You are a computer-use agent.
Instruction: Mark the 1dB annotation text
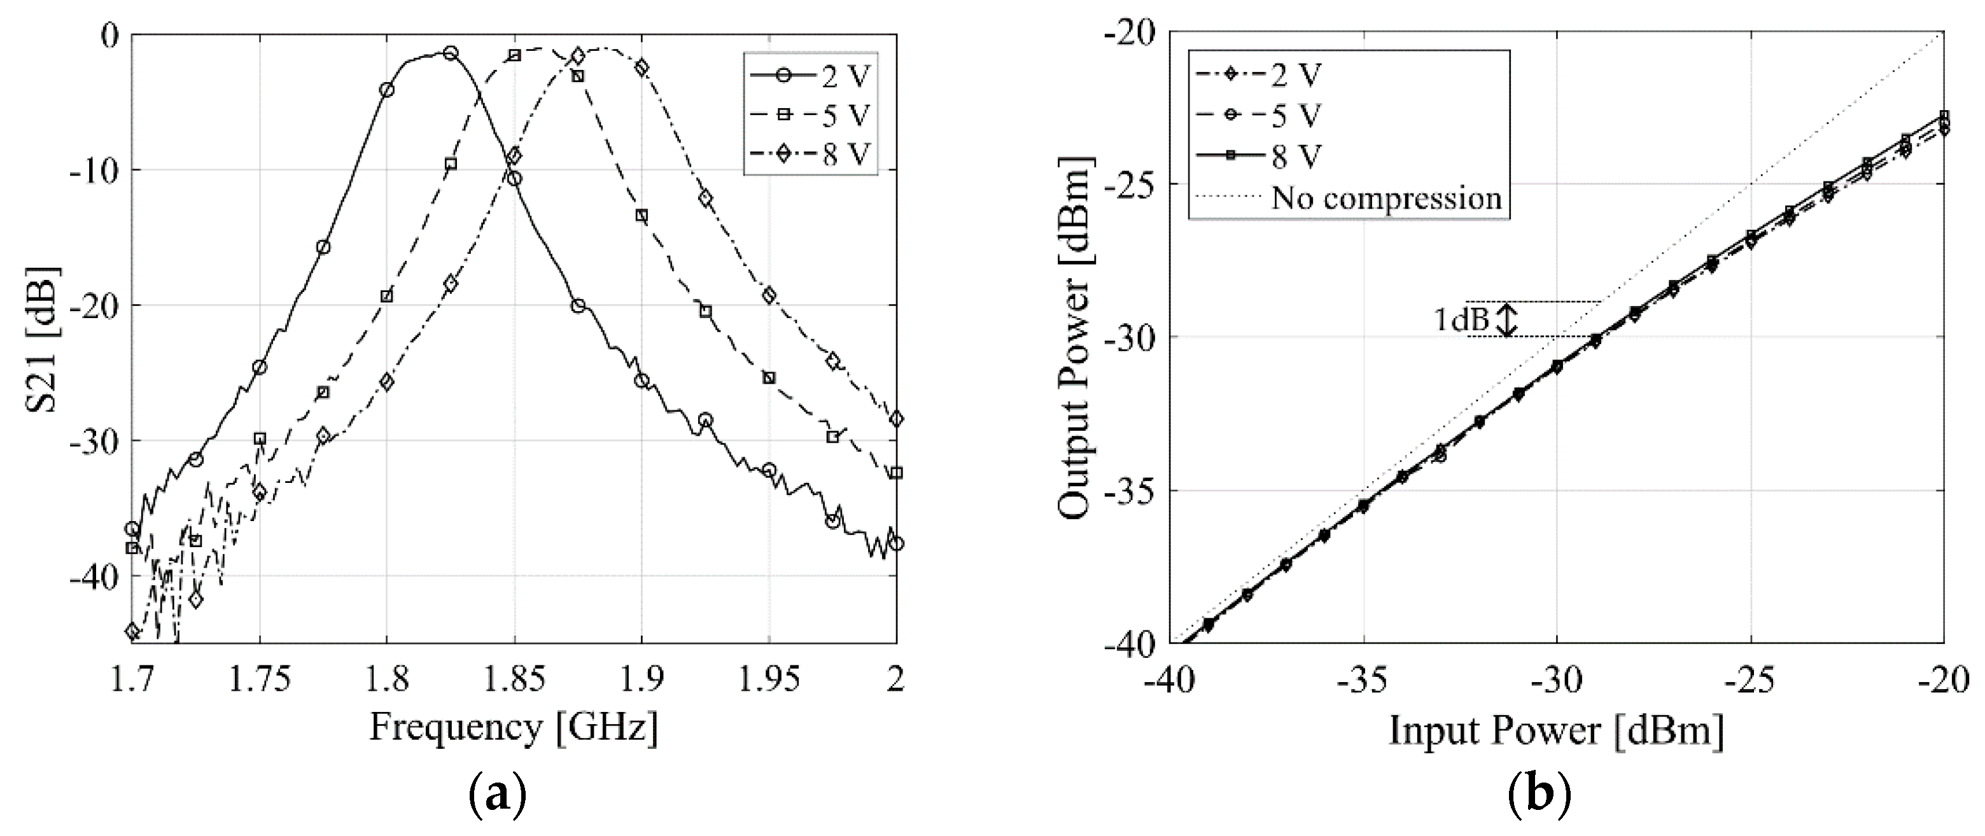pyautogui.click(x=1460, y=319)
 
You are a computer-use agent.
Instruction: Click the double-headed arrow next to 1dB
pyautogui.click(x=1507, y=319)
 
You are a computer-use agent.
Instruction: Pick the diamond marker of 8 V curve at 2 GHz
pyautogui.click(x=895, y=419)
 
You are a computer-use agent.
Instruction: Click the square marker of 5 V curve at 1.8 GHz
pyautogui.click(x=387, y=296)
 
